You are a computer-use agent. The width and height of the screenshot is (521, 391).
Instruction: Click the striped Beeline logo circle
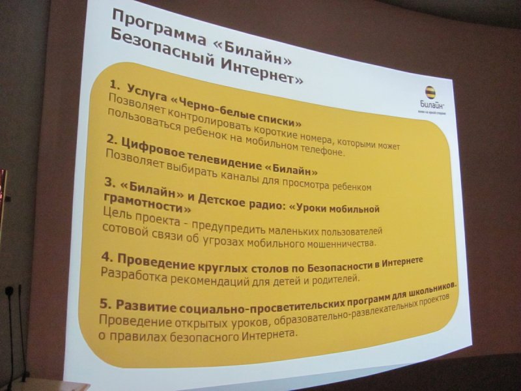coord(430,94)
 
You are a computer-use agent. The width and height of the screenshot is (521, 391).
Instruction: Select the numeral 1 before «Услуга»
coord(113,85)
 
